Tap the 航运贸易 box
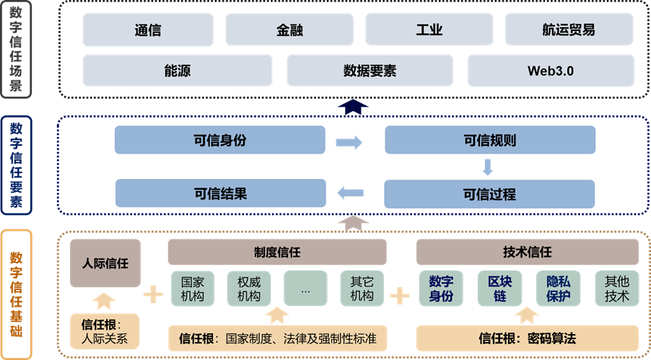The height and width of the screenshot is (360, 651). pyautogui.click(x=569, y=30)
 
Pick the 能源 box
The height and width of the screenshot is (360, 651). pyautogui.click(x=178, y=71)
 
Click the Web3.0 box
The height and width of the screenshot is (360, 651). pyautogui.click(x=551, y=71)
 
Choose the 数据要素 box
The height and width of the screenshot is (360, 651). pyautogui.click(x=370, y=71)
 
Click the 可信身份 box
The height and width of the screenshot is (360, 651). pyautogui.click(x=219, y=141)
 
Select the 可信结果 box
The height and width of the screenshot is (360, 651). pyautogui.click(x=219, y=193)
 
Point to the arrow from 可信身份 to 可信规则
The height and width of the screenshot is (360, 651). pyautogui.click(x=349, y=142)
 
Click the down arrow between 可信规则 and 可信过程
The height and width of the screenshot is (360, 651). pyautogui.click(x=488, y=167)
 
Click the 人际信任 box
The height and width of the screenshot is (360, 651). pyautogui.click(x=105, y=264)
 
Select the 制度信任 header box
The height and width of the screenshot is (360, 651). pyautogui.click(x=277, y=253)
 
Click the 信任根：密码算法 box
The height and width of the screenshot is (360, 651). pyautogui.click(x=527, y=338)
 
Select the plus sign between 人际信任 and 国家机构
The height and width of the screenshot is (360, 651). pyautogui.click(x=153, y=294)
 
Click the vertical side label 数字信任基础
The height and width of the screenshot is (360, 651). pyautogui.click(x=16, y=294)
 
